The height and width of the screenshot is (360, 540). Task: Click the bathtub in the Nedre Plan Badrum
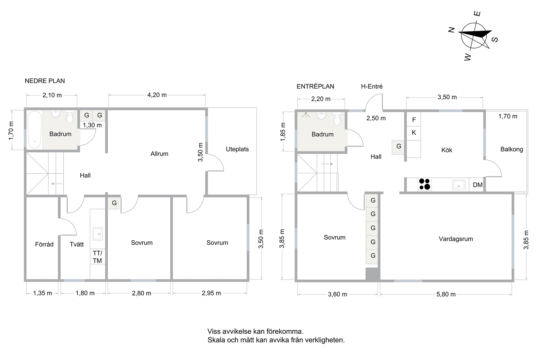click(35, 130)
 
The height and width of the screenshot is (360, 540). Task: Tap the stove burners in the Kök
click(425, 184)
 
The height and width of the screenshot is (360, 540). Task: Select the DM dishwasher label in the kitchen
click(478, 185)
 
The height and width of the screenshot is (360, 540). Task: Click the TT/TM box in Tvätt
click(97, 256)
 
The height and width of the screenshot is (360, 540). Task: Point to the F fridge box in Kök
click(414, 120)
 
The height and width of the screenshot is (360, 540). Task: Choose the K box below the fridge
click(414, 133)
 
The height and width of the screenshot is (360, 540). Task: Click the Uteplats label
click(237, 149)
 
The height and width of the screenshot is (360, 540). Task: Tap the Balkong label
click(512, 149)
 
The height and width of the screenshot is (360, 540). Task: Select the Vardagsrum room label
click(456, 239)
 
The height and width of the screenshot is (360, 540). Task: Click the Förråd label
click(44, 244)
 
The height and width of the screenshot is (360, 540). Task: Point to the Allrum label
click(159, 154)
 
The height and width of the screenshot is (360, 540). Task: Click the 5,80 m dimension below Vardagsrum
click(446, 294)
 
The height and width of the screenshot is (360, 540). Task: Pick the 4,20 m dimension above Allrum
click(157, 95)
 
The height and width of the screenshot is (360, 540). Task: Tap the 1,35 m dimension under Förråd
click(42, 293)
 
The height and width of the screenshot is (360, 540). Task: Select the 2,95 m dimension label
click(211, 293)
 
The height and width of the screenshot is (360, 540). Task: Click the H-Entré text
click(372, 86)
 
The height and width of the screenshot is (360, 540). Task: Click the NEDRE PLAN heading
click(45, 81)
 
